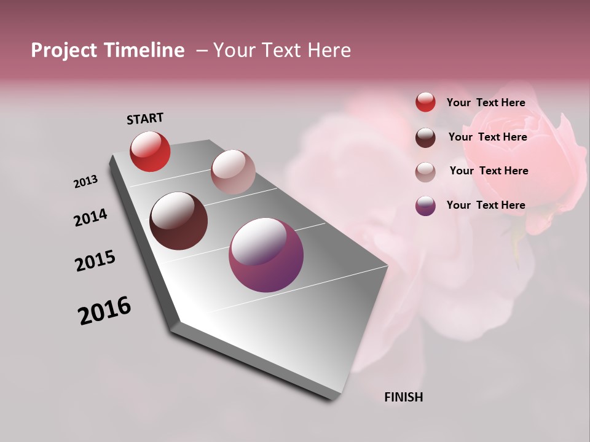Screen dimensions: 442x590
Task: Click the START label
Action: coord(145,118)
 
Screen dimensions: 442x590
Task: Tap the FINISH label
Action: coord(403,397)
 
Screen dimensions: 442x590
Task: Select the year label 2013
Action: coord(85,182)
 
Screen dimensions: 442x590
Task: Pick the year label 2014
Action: coord(90,217)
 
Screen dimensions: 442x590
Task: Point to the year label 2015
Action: coord(95,261)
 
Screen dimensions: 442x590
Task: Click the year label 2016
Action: coord(104,311)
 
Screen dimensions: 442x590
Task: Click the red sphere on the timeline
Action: coord(150,151)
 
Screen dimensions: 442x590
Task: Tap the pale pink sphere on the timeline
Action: coord(233,172)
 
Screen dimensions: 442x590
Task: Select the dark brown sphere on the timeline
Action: coord(179,221)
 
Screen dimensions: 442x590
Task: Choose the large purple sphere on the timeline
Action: coord(266,255)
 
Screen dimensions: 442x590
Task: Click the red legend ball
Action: coord(425,102)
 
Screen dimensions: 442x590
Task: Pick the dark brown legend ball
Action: coord(425,138)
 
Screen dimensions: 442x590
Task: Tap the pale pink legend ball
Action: coord(425,172)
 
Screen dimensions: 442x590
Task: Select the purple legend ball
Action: coord(425,206)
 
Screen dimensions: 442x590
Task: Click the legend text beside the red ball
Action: coord(486,103)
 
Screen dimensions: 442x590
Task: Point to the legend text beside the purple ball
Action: coord(486,205)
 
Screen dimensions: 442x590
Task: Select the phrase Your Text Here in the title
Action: coord(282,50)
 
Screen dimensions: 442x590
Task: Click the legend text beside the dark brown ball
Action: coord(487,137)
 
